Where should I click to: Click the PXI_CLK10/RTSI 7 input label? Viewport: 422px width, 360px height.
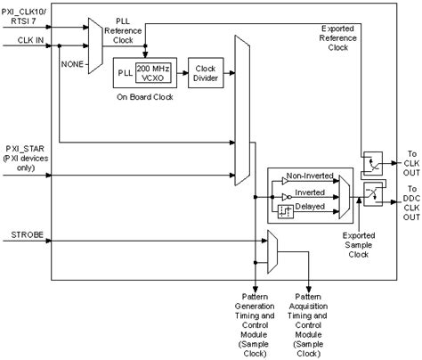pos(27,15)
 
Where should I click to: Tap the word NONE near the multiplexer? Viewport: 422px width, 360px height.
pos(72,64)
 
